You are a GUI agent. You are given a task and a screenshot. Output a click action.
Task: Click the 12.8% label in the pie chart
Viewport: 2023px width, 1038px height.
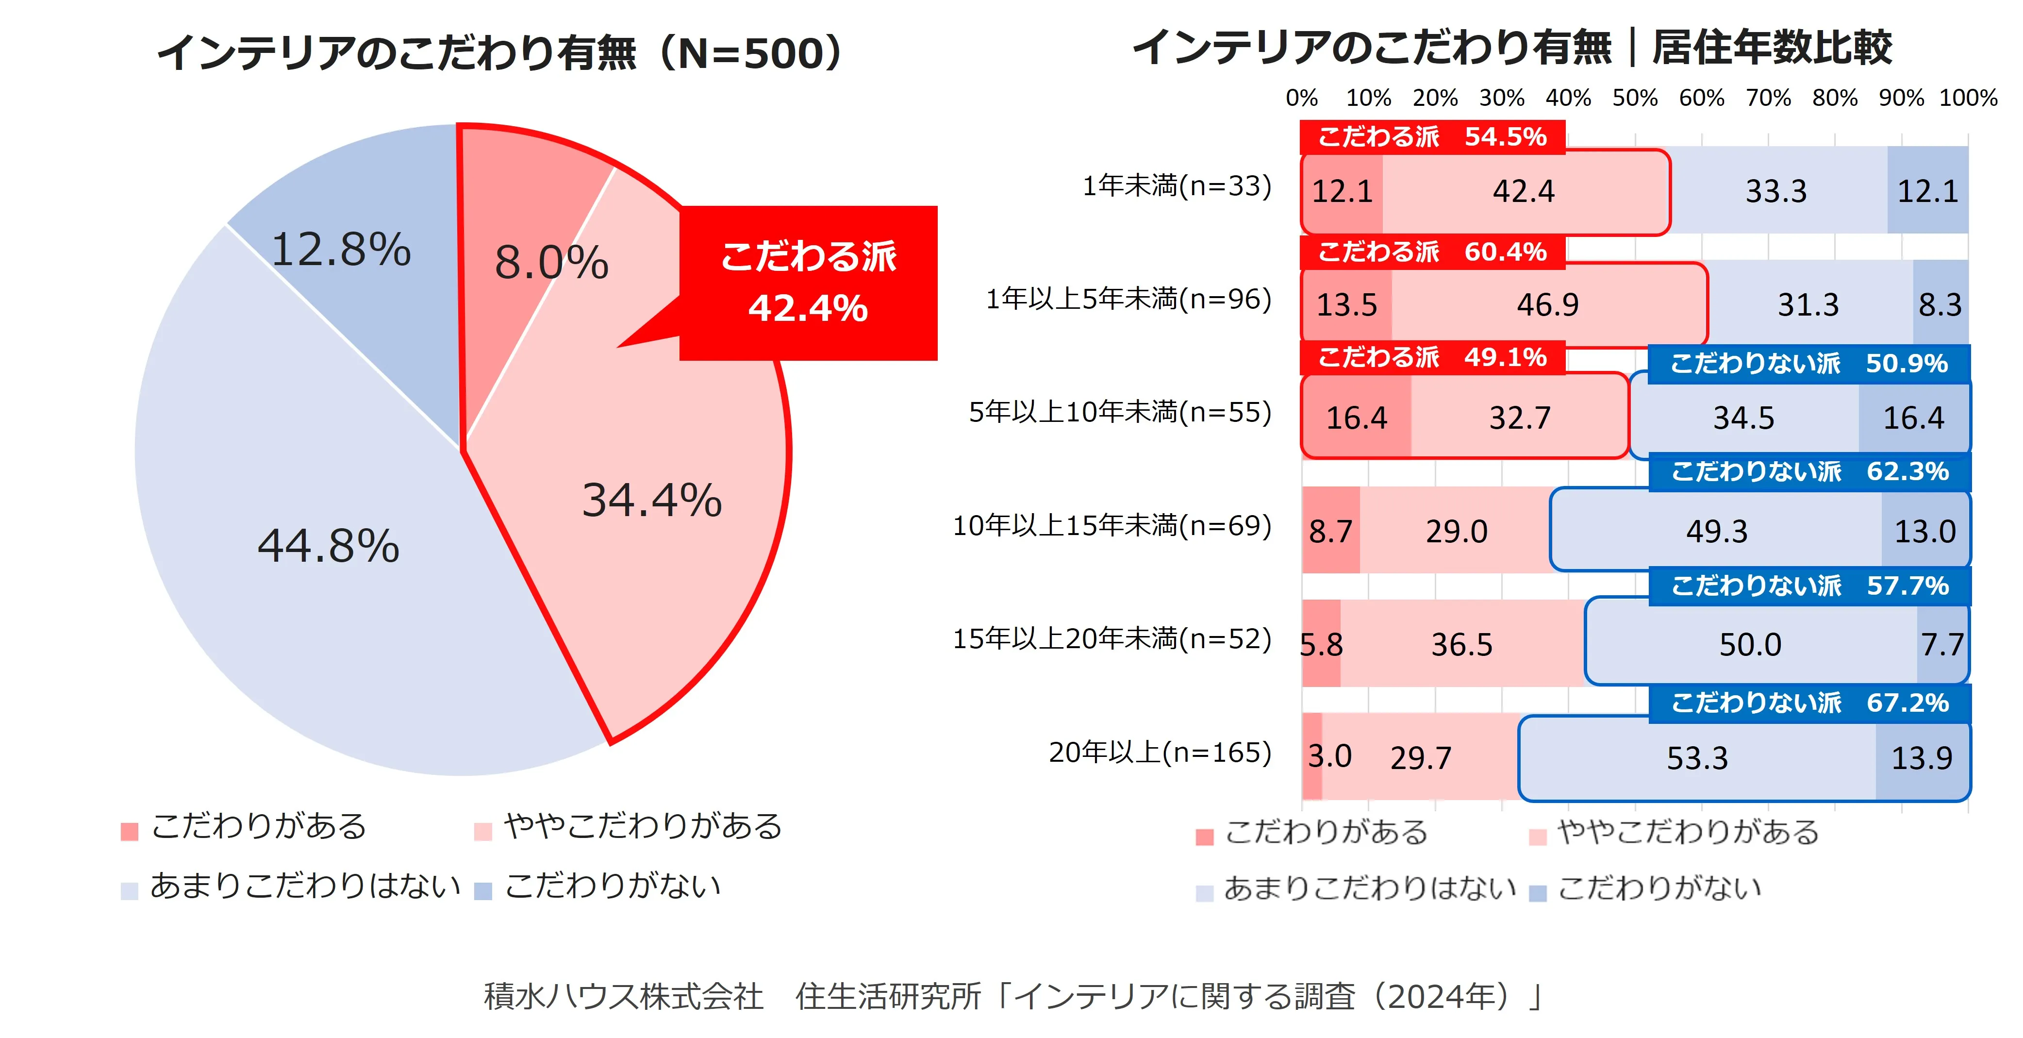tap(341, 250)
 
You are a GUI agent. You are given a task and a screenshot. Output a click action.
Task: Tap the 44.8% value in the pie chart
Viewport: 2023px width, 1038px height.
tap(328, 545)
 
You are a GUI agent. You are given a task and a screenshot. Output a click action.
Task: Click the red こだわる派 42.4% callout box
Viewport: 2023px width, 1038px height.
tap(808, 283)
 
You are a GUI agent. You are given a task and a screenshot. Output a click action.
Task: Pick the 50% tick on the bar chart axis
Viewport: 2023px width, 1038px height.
tap(1635, 98)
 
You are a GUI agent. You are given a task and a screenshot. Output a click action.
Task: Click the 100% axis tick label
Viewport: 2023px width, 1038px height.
tap(1968, 98)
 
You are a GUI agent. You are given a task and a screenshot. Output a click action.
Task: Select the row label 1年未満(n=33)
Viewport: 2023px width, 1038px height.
tap(1177, 186)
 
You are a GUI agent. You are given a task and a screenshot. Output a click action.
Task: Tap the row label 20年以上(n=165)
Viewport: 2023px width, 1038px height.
tap(1160, 753)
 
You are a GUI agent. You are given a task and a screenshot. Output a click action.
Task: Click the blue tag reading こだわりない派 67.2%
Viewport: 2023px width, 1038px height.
tap(1809, 703)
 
